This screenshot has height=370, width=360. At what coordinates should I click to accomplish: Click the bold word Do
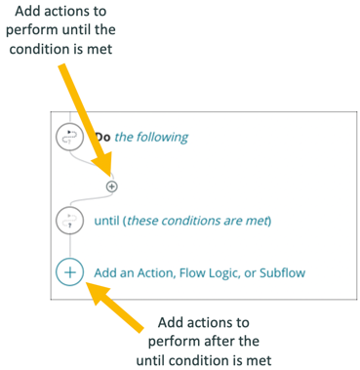coord(102,138)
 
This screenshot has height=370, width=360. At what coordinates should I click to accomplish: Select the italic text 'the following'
coord(151,138)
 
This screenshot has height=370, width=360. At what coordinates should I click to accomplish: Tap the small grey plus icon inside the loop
coord(111,185)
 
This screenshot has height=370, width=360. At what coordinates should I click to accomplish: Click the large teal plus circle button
coord(70,270)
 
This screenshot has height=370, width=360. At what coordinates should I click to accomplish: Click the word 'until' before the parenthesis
coord(109,221)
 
